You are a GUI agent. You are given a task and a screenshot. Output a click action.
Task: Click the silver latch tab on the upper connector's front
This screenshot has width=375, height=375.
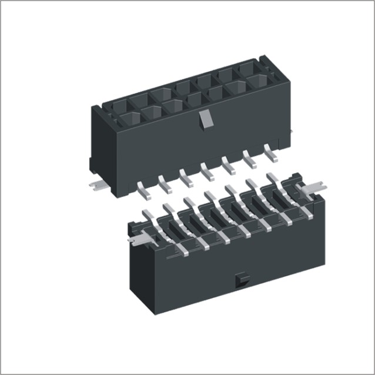[204, 119]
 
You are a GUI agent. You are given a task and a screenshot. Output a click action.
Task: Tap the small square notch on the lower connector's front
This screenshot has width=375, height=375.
[240, 280]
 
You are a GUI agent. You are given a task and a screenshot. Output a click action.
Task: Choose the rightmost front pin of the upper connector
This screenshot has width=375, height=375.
[271, 152]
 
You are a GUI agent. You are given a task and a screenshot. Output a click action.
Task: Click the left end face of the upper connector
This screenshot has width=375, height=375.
[99, 141]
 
